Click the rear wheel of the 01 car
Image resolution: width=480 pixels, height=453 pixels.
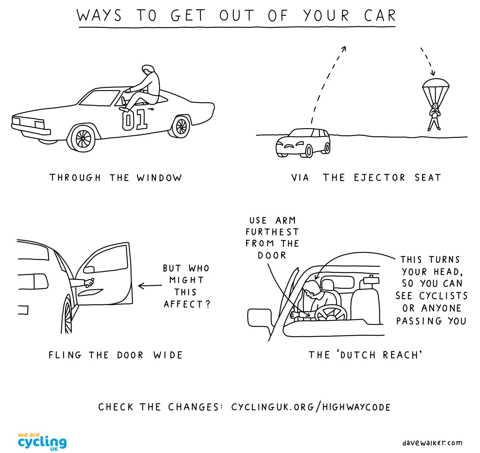click(181, 126)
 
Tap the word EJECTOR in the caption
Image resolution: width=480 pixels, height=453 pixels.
click(379, 178)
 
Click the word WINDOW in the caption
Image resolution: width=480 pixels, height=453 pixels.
click(159, 178)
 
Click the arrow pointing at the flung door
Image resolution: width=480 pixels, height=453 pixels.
click(150, 286)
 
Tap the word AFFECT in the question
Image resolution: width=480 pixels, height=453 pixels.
click(183, 304)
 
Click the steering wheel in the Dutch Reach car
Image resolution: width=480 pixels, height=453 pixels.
click(331, 313)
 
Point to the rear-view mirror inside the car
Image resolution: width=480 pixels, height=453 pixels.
click(371, 280)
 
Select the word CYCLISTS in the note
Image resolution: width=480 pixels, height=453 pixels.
click(443, 296)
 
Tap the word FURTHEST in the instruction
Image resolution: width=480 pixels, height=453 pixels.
click(272, 232)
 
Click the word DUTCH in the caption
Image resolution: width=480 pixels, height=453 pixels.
click(358, 355)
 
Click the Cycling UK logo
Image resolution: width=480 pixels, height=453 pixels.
click(42, 442)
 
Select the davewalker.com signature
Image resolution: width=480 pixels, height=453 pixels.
click(432, 443)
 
